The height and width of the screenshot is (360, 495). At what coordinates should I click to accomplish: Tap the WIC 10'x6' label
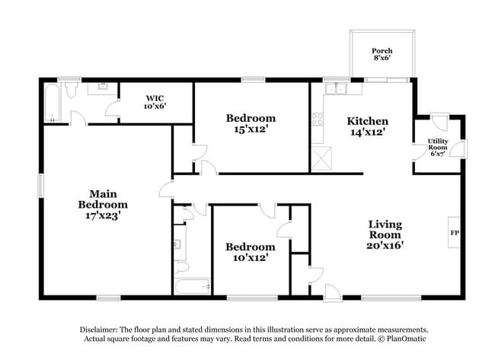point(155,102)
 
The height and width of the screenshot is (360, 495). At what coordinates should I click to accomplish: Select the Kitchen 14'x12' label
point(367,126)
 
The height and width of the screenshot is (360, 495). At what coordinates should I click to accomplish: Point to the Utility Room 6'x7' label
point(438,148)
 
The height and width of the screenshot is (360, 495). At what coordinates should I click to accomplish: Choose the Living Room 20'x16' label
point(385,234)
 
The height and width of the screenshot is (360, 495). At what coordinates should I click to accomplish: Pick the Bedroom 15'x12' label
point(251,123)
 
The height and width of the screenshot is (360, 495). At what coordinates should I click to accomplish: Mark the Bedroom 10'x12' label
point(251,252)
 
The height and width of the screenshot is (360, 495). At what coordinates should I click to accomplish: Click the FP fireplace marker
point(455,232)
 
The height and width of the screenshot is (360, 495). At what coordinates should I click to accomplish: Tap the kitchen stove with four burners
point(318,121)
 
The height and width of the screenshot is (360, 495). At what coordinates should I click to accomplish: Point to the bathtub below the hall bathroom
point(192,287)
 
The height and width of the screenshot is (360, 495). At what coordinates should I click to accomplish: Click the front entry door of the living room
point(332,292)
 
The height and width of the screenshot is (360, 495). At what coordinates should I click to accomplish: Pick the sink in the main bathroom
point(101,89)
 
